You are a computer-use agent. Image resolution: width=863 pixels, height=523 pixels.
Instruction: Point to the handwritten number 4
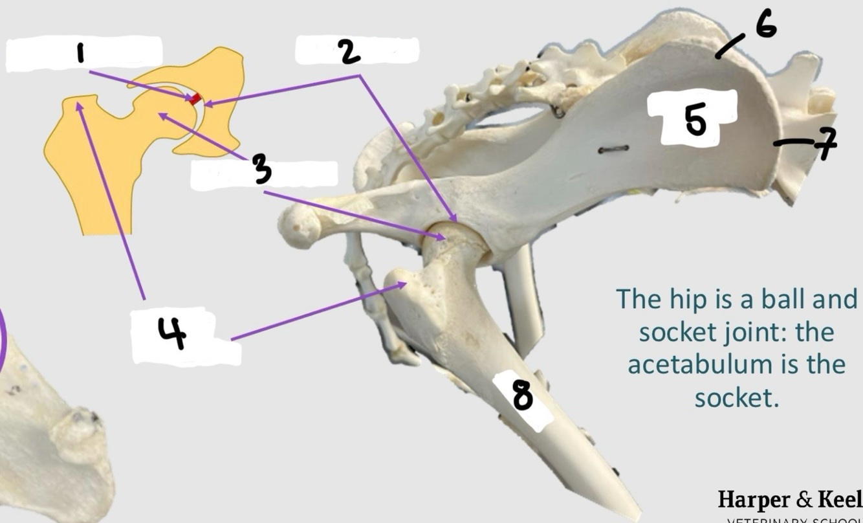pyautogui.click(x=171, y=335)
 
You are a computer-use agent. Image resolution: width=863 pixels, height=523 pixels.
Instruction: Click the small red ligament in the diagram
pyautogui.click(x=195, y=99)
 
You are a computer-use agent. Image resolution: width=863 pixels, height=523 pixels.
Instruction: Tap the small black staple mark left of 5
pyautogui.click(x=613, y=150)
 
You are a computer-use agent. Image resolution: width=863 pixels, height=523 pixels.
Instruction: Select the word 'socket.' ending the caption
pyautogui.click(x=736, y=397)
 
